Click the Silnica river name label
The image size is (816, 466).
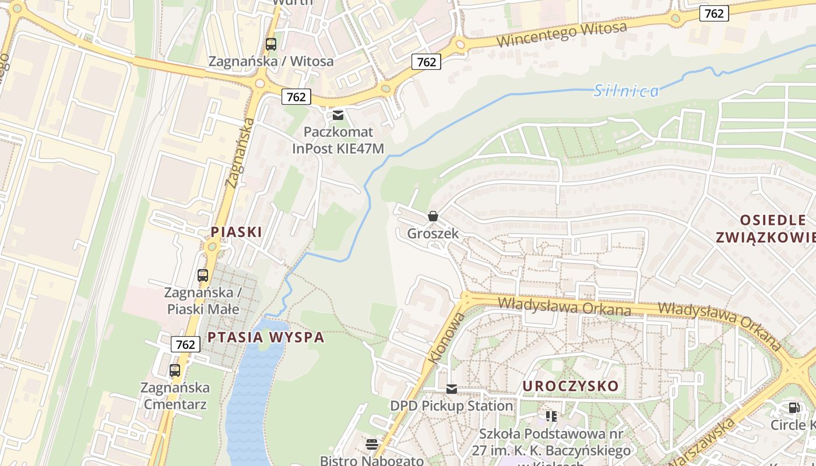coord(627,91)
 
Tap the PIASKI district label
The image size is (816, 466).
coord(236,232)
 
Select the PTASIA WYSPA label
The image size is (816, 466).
coord(266,337)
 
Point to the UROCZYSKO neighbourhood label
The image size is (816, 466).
coord(570,386)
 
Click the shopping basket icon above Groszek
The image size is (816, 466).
coord(433,217)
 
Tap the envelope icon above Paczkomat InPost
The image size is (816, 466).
coord(338,115)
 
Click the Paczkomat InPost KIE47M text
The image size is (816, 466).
coord(338,140)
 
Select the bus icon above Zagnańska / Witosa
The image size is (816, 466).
coord(271,44)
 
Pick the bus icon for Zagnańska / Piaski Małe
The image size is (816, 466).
coord(203,276)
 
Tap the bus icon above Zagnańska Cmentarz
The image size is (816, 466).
coord(175,370)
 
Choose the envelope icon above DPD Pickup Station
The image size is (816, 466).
coord(452,389)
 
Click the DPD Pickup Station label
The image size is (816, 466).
coord(452,405)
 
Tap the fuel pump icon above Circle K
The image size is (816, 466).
coord(794,408)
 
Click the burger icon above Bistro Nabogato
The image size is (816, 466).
coord(372,445)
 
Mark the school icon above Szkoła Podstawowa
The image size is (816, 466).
coord(551,416)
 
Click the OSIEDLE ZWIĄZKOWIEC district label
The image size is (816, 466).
coord(773,228)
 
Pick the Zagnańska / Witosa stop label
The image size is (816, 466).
coord(271,61)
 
